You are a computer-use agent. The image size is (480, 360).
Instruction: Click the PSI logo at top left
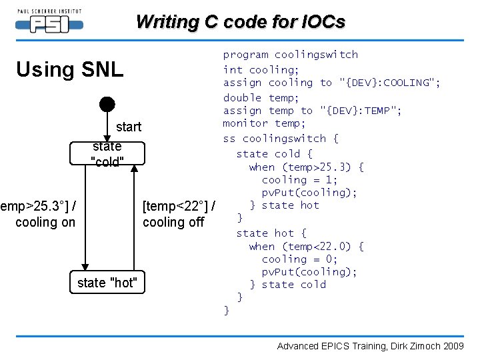coord(48,21)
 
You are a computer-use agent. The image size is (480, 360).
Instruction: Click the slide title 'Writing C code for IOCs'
coord(240,22)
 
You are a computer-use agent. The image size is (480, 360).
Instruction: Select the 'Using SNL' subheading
coord(69,69)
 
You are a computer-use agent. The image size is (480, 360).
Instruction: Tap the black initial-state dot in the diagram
coord(107,104)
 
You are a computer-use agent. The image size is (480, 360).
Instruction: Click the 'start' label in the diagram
coord(129,127)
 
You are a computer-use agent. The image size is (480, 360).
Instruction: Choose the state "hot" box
coord(107,283)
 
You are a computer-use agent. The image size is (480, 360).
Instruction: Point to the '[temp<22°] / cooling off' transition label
coord(178,213)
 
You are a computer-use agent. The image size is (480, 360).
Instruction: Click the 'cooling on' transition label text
coord(45,222)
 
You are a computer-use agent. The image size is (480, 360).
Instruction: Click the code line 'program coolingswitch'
coord(290,55)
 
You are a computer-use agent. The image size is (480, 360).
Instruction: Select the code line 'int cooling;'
coord(261,69)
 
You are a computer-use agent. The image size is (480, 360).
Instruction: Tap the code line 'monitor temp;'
coord(264,123)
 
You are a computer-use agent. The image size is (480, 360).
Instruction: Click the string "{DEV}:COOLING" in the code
coord(390,83)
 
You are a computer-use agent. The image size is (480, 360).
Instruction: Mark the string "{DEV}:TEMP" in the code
coord(361,111)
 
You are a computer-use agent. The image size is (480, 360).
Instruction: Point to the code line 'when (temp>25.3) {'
coord(306,167)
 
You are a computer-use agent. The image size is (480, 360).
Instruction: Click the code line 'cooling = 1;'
coord(299,180)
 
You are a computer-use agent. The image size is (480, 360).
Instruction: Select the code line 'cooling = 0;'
coord(299,259)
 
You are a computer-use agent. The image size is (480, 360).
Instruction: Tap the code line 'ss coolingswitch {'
coord(281,139)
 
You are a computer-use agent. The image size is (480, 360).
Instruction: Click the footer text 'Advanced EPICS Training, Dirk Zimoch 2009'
coord(370,346)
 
